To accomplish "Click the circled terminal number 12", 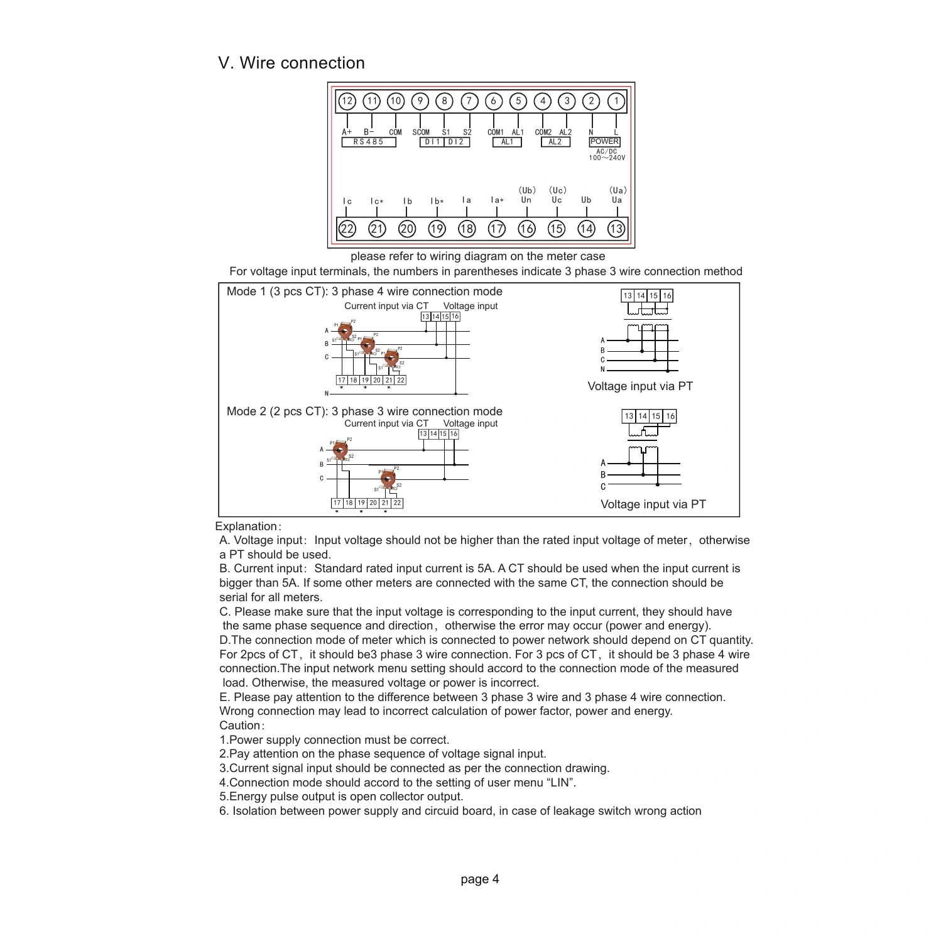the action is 347,101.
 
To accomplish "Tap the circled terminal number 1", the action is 616,101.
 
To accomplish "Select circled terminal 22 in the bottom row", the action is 347,229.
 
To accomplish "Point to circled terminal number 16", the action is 526,229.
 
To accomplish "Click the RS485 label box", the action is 369,142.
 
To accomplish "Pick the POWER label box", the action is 604,141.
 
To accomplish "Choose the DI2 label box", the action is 457,142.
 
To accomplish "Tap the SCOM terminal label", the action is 421,132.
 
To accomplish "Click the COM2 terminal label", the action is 543,132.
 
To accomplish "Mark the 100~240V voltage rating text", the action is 607,158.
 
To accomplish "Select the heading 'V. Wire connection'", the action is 291,63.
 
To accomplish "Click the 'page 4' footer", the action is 480,879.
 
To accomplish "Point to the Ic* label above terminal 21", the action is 377,202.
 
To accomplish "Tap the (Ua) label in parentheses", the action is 618,190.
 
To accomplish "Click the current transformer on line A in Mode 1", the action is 344,331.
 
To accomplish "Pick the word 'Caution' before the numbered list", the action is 239,726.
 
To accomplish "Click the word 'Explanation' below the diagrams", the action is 246,526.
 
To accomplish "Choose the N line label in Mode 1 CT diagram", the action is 327,394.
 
